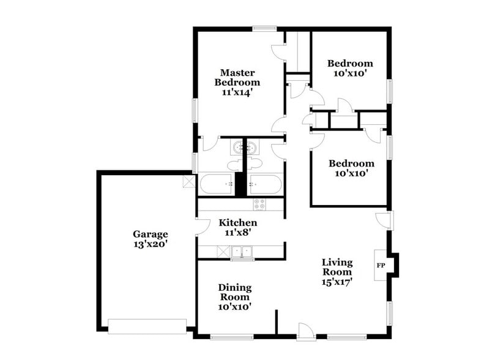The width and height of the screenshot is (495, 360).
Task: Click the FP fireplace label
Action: (380, 265)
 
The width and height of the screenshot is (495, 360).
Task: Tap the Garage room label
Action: (150, 233)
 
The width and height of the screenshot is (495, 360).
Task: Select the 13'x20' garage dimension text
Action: (150, 243)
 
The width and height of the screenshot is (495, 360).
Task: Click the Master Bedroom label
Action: (237, 77)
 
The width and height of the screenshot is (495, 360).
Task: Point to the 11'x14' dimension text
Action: (237, 92)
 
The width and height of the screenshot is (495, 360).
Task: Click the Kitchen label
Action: (238, 222)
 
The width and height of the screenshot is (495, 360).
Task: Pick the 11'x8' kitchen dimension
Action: (238, 233)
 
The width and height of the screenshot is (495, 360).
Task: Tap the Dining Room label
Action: (235, 292)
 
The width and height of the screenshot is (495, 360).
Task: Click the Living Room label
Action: (337, 267)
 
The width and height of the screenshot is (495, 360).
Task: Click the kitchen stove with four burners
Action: (259, 204)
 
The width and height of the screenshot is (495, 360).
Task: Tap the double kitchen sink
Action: (242, 251)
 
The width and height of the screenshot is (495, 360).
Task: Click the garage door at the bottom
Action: (147, 326)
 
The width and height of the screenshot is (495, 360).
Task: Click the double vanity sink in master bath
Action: (245, 148)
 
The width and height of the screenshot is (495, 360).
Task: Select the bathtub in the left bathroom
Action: (216, 183)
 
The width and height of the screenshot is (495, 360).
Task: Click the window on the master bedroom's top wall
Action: (264, 28)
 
